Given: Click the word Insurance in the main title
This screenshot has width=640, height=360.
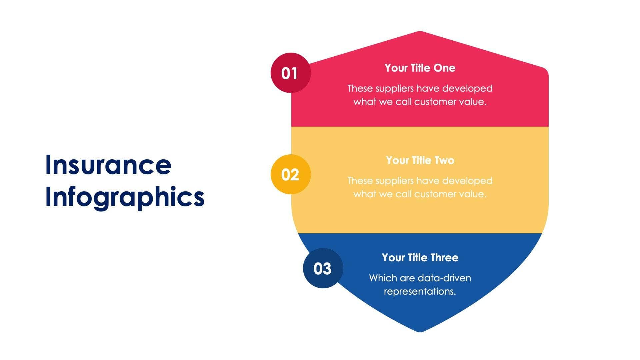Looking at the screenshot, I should coord(108,165).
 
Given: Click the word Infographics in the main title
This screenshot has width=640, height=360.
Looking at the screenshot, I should coord(125,197).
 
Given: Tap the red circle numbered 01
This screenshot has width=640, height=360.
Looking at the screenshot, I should coord(290,73).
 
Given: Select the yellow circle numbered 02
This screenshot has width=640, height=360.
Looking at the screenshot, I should coord(290,174).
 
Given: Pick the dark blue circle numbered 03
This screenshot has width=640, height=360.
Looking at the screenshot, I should coord(323,268).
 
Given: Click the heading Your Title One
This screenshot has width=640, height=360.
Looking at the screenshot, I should coord(420,68).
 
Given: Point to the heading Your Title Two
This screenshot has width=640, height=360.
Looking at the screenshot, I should coord(420,160).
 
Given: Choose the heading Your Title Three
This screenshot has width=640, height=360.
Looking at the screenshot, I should coord(420,258).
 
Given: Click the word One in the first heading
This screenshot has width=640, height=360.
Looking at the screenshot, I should coord(444,68).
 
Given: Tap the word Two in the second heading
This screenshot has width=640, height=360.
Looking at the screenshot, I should coord(444,160).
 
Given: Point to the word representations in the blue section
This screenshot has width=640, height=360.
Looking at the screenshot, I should coord(420,291).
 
